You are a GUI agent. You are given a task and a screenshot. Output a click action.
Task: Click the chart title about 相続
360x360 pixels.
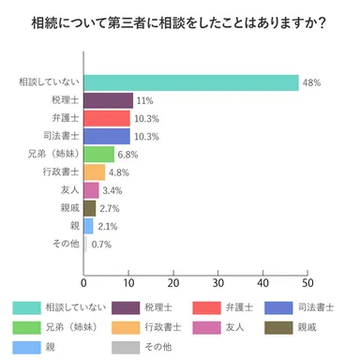[x=179, y=22]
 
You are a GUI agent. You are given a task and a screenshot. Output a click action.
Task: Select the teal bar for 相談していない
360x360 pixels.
[x=191, y=82]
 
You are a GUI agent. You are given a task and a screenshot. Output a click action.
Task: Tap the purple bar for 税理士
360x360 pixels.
[x=108, y=100]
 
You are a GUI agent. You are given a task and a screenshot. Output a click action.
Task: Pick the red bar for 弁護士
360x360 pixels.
[x=107, y=118]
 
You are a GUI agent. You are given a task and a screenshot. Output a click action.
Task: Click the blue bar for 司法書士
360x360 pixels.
[x=107, y=136]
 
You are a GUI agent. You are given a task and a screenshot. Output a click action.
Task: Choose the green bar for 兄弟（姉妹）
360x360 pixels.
[x=98, y=154]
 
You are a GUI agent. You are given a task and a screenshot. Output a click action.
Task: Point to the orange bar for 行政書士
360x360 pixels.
[x=95, y=172]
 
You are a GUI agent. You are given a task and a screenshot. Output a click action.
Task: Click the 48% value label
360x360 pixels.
[x=312, y=82]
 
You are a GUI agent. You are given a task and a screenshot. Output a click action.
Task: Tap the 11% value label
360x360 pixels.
[x=144, y=100]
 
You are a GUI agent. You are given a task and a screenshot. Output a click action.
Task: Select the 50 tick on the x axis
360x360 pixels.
[x=307, y=281]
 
